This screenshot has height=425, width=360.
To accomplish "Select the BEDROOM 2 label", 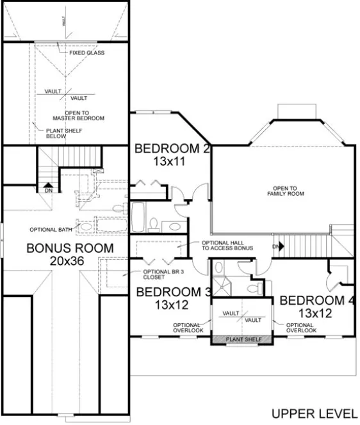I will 172,149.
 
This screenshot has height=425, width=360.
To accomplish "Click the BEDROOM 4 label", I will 318,300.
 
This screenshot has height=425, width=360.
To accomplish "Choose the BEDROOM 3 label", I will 174,293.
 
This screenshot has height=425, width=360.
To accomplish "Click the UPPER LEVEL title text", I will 313,413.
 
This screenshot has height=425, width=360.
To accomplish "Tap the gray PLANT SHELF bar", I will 243,339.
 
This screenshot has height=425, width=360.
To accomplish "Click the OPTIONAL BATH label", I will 50,229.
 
